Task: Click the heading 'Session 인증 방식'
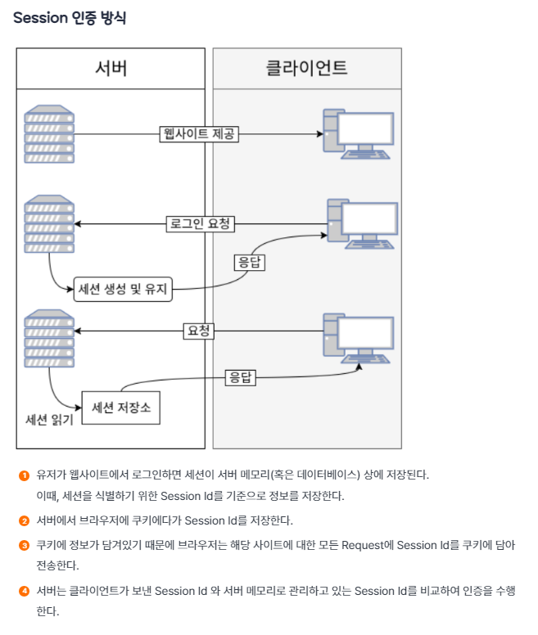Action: [x=70, y=18]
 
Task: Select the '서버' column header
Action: [x=111, y=68]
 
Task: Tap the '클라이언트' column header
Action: [x=307, y=68]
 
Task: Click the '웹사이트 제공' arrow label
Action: [x=199, y=133]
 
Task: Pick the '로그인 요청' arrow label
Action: [x=199, y=223]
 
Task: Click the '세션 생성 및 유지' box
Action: [x=124, y=289]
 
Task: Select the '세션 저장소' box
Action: [x=121, y=407]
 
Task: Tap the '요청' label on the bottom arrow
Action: [x=198, y=331]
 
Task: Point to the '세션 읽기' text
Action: [x=50, y=420]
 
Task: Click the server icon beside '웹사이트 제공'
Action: [x=49, y=133]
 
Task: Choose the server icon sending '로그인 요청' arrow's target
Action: [x=49, y=223]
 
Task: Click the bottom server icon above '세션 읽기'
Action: [x=49, y=338]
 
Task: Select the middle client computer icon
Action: [x=362, y=223]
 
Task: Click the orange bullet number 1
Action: [x=25, y=475]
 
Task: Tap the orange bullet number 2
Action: [x=25, y=520]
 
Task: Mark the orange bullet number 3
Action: [x=25, y=544]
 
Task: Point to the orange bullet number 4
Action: [x=25, y=590]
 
